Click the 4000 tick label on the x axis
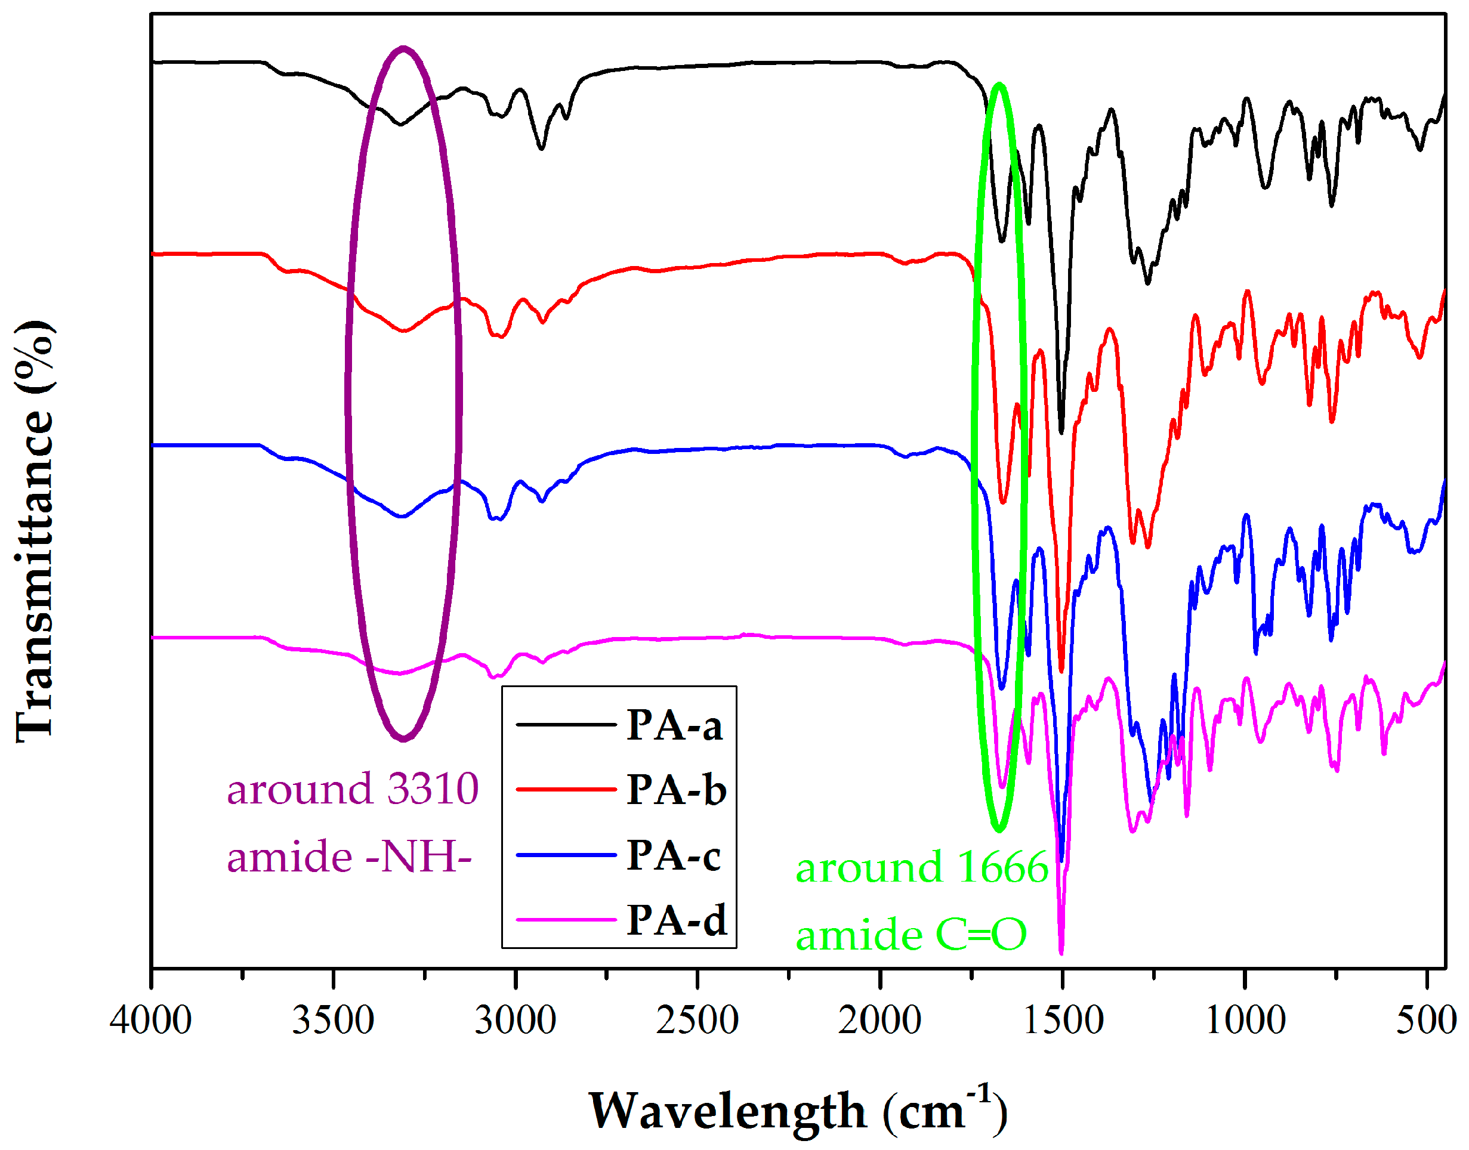[x=151, y=1021]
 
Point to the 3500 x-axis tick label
[x=333, y=1021]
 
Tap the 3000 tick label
[x=516, y=1021]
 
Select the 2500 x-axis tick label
[x=697, y=1021]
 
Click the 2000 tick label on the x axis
[x=879, y=1021]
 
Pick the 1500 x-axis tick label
[x=1062, y=1021]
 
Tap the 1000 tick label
[x=1245, y=1021]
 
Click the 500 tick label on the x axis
[x=1426, y=1021]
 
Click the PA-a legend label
[x=674, y=726]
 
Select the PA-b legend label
[x=676, y=790]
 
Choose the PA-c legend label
[x=674, y=855]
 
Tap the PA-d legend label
[x=676, y=920]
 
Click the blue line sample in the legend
[x=566, y=855]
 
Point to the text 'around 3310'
[x=352, y=789]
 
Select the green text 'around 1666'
[x=921, y=867]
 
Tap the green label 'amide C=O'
[x=911, y=935]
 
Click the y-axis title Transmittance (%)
[x=33, y=532]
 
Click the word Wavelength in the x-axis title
[x=727, y=1112]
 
